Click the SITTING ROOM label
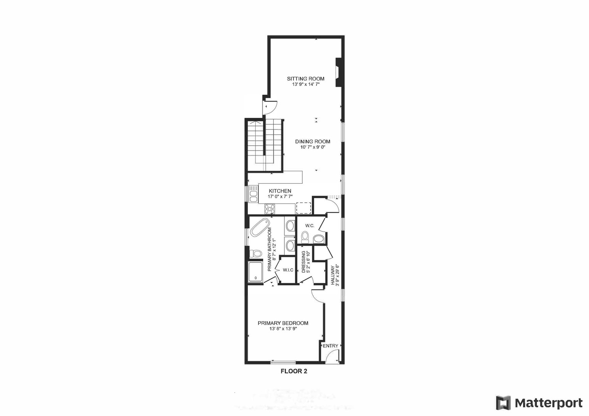point(305,79)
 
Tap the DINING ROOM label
point(312,141)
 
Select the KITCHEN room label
point(280,191)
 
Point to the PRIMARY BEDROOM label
point(283,323)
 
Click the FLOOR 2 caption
point(294,372)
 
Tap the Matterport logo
point(539,403)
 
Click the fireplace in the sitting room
point(339,72)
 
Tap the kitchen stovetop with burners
point(270,209)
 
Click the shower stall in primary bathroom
point(255,272)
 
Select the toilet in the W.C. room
point(305,237)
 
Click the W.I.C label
point(288,270)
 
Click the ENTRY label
point(330,346)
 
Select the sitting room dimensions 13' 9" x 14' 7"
point(305,84)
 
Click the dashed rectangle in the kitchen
point(303,208)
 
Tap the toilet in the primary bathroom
point(255,253)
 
